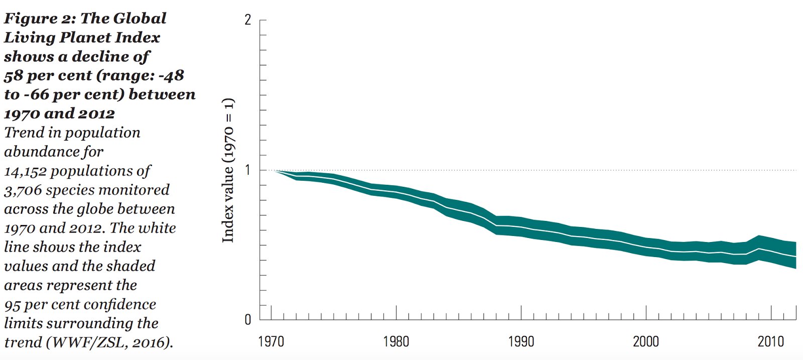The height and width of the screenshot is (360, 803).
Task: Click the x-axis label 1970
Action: [x=271, y=342]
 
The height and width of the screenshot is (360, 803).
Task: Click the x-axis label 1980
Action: [x=396, y=342]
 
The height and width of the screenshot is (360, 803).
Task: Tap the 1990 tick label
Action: [x=521, y=342]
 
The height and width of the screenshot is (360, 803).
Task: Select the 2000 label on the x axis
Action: [x=646, y=342]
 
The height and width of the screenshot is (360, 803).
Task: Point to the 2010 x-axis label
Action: [x=770, y=342]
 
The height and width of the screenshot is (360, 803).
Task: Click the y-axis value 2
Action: [x=248, y=20]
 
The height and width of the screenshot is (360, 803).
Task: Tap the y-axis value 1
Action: [x=248, y=170]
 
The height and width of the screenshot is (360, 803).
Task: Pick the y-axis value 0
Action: [x=248, y=320]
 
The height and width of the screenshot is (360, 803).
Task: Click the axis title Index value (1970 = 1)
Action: [x=228, y=170]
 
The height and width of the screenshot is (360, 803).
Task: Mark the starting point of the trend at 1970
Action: [x=275, y=171]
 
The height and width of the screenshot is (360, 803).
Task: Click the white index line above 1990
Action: [x=521, y=227]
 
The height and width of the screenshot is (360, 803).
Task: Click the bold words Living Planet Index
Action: [x=82, y=38]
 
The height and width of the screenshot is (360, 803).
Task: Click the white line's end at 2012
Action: [x=795, y=257]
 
